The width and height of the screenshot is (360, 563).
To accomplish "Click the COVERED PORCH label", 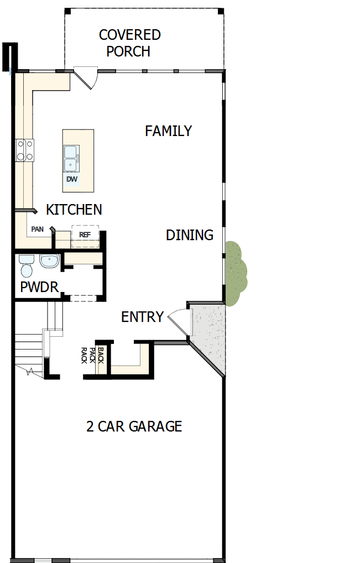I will (129, 43).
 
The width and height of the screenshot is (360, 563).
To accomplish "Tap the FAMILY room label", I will (168, 131).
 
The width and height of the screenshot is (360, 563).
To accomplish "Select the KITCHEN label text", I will (74, 210).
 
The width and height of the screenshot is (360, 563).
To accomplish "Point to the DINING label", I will (190, 235).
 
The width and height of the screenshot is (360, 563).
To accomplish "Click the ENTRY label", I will (142, 317).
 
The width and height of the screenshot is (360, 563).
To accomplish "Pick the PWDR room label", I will (39, 288).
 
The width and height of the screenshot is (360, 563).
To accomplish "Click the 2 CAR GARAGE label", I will (134, 427).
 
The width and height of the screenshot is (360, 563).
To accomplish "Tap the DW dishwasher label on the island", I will (71, 179).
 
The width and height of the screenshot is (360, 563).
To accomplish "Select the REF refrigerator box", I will (85, 234).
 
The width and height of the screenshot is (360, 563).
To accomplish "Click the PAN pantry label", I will (38, 229).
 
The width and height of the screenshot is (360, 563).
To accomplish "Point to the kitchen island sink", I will (71, 159).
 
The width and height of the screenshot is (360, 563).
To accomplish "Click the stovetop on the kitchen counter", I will (24, 150).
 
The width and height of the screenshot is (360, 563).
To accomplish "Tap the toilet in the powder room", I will (26, 267).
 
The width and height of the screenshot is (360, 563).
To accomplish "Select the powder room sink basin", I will (49, 260).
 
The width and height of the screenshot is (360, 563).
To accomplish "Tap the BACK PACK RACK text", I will (92, 355).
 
